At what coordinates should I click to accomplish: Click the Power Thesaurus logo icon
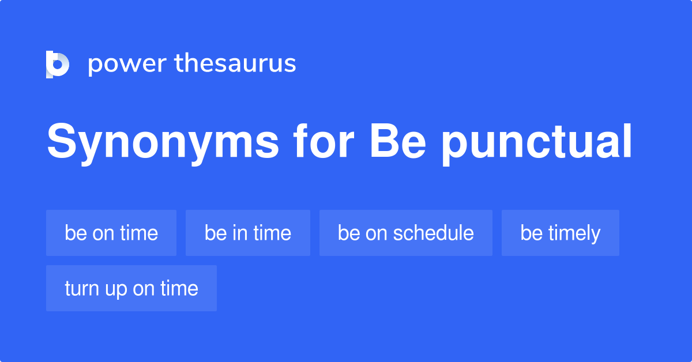coord(58,64)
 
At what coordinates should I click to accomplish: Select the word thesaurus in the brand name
coord(235,64)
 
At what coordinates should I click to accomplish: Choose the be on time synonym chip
coord(111,233)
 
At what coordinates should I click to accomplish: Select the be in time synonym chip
coord(247,233)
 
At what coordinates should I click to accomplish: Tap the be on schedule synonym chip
coord(405,233)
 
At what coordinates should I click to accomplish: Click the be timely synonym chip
coord(560,233)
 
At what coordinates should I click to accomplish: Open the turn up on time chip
coord(131,288)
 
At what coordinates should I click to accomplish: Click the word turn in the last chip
coord(81,288)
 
